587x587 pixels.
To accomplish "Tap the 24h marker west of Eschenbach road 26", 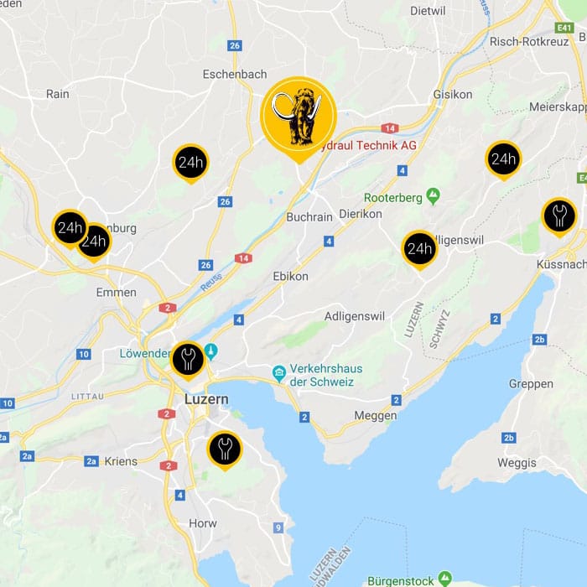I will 190,162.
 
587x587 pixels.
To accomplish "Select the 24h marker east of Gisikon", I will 503,159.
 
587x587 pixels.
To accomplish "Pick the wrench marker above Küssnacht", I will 558,216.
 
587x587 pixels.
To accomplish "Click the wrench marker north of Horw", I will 224,449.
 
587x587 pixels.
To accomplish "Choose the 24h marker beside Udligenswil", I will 418,248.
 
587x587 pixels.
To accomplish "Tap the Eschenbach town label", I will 235,74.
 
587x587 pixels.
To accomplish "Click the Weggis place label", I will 516,463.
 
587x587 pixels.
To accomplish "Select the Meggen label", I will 376,416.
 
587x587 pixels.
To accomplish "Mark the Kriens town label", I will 121,461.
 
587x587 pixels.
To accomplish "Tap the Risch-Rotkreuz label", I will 530,41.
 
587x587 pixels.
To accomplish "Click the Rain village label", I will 58,94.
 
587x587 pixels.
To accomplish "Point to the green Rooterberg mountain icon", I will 433,196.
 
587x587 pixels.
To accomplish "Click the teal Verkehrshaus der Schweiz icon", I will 279,372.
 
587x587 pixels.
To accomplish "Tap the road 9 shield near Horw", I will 278,527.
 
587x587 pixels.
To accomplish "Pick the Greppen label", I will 531,384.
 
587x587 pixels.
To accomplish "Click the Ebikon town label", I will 290,276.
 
